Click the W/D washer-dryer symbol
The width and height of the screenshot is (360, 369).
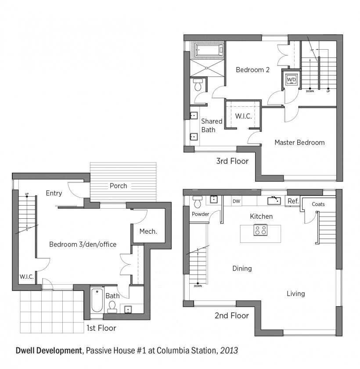point(291,80)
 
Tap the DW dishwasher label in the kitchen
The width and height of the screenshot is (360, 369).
point(236,201)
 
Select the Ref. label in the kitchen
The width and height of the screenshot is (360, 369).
point(293,201)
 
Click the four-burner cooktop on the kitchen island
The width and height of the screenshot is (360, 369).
point(260,230)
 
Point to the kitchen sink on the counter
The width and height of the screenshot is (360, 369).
point(274,201)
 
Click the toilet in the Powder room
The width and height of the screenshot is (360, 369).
point(198,202)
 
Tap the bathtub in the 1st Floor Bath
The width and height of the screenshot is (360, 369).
point(97,300)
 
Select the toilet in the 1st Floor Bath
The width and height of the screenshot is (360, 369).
point(112,307)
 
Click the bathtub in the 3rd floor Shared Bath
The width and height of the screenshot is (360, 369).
point(209,49)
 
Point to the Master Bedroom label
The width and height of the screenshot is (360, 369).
point(299,142)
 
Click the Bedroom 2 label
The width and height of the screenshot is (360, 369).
point(252,70)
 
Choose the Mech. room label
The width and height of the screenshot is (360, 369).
point(148,232)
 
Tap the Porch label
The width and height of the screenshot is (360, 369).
point(118,186)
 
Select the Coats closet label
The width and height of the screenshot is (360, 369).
point(318,204)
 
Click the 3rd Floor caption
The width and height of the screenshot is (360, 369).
point(232,161)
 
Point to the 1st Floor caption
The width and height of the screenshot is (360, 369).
point(101,328)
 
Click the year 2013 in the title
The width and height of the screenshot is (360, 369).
point(229,351)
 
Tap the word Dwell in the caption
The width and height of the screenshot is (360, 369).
point(25,351)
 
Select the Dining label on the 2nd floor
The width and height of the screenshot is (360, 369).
point(242,268)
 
